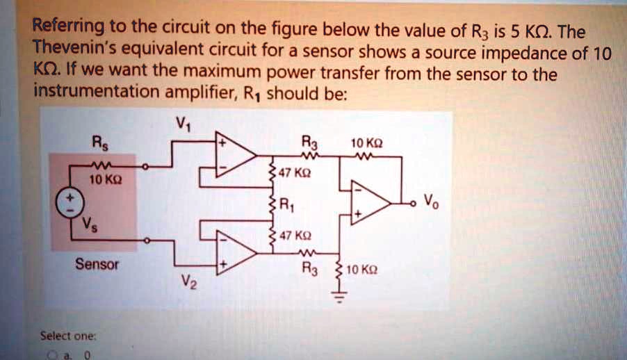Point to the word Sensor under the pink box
97,265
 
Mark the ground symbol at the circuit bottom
339,300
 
